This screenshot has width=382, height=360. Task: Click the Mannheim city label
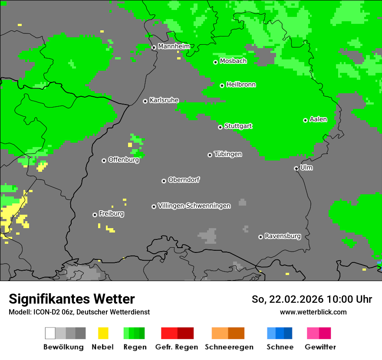174,46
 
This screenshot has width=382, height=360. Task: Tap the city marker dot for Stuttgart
220,127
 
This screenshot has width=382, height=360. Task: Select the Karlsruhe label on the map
164,100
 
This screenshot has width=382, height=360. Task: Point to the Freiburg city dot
95,215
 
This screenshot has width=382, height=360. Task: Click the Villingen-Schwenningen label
194,206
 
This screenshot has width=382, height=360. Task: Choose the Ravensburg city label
283,236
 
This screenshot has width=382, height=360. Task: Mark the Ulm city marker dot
296,168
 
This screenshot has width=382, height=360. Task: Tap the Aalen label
318,119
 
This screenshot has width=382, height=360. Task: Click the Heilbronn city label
241,85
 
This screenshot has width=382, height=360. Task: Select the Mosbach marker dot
215,62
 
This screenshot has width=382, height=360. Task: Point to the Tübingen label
228,154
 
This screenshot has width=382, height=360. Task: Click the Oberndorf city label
184,180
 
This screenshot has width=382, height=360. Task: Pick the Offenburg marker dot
104,160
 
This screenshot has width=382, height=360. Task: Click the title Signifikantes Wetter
72,299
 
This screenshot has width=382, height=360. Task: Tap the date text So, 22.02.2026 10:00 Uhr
312,299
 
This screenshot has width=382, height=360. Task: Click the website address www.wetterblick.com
313,312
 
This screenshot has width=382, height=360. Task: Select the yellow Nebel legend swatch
103,333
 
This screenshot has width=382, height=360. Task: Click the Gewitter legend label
320,347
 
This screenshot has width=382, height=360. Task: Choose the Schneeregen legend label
229,347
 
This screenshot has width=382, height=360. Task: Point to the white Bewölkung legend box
50,333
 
